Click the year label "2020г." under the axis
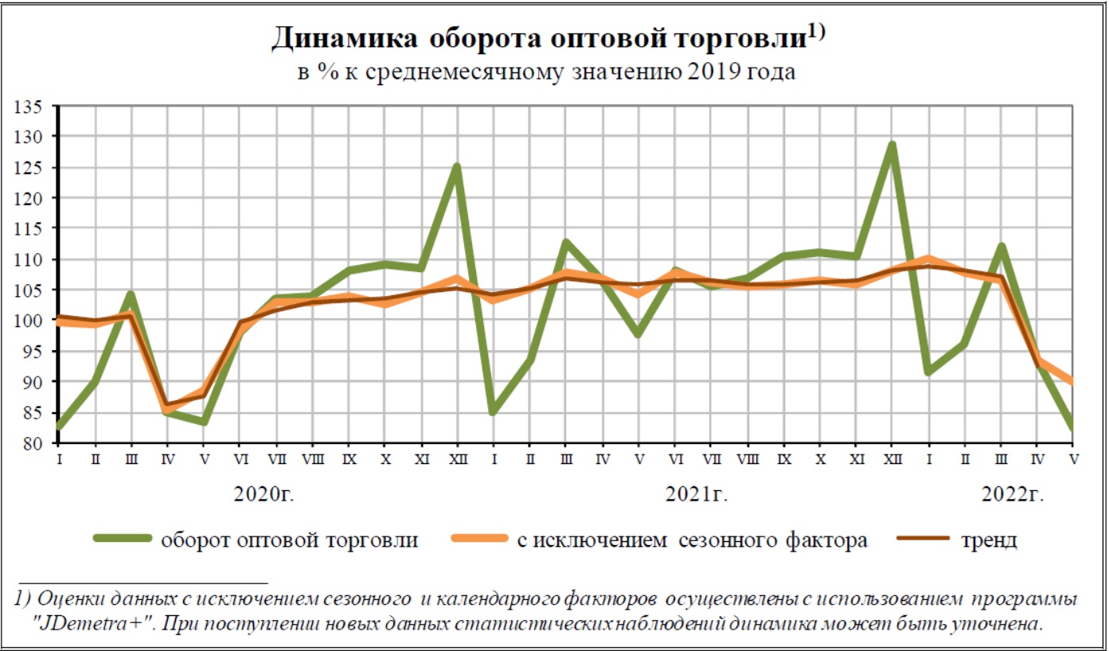click(x=264, y=494)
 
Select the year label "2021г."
click(x=697, y=494)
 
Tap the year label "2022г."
click(x=1012, y=494)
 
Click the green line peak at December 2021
click(x=892, y=145)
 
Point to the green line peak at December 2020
click(x=457, y=166)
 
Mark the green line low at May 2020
click(x=205, y=422)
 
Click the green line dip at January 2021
click(x=494, y=412)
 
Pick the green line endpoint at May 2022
click(x=1074, y=428)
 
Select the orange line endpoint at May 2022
click(x=1074, y=382)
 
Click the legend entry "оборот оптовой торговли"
click(x=289, y=540)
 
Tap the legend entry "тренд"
click(x=988, y=540)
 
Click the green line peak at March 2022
click(x=1002, y=246)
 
